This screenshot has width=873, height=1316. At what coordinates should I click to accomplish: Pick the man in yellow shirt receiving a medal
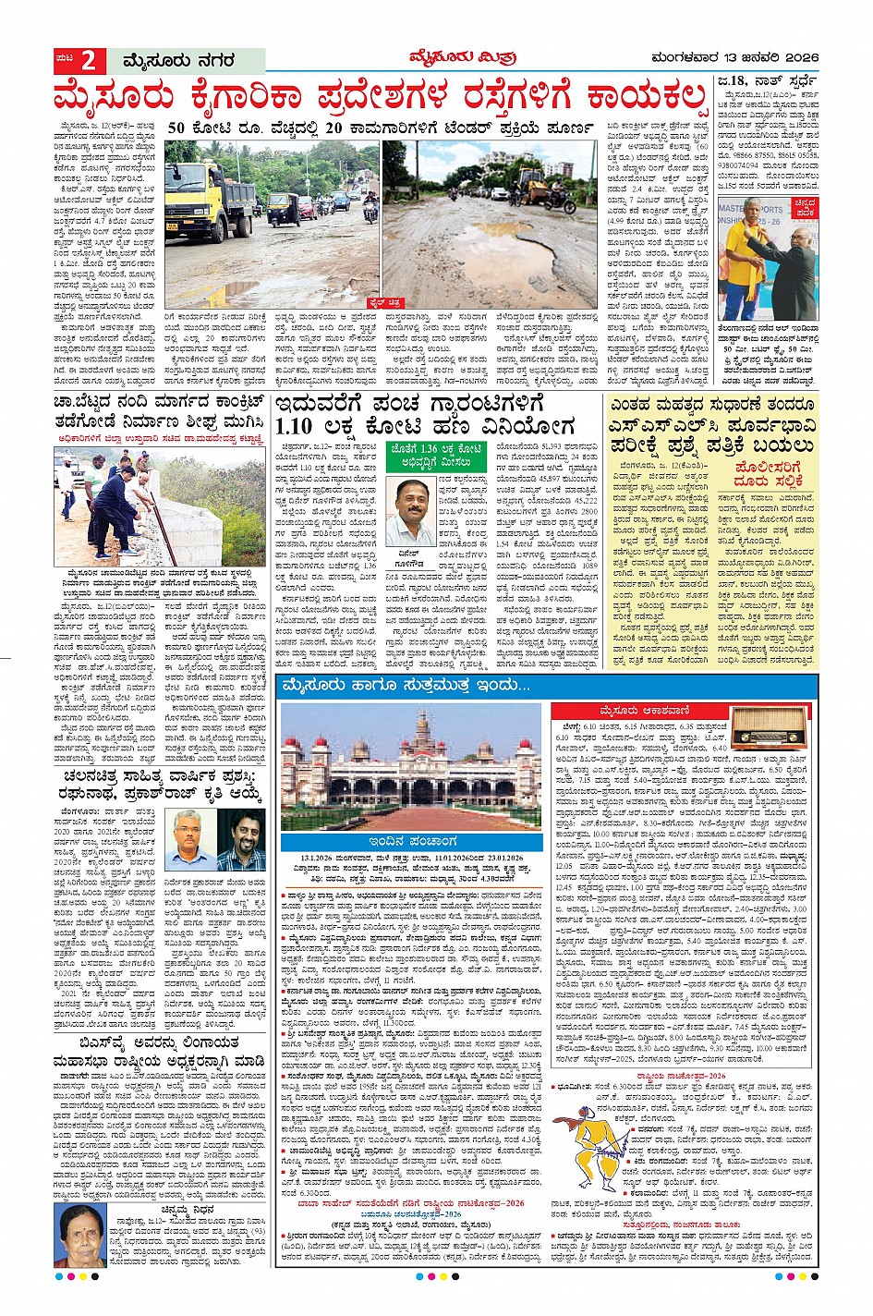tap(746, 260)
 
